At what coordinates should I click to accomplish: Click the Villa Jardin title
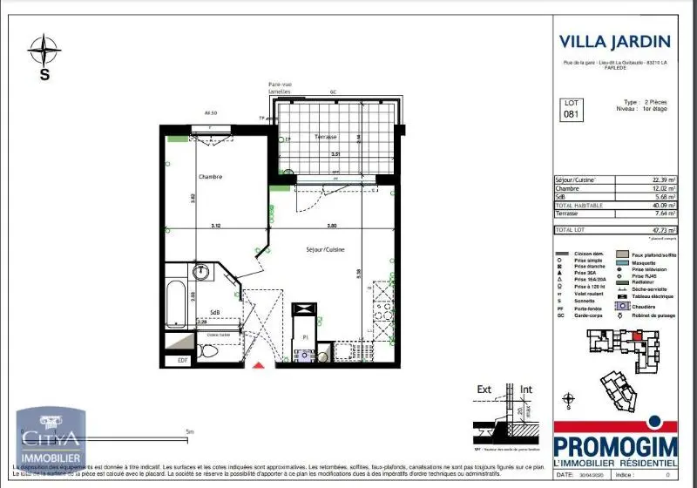click(x=614, y=41)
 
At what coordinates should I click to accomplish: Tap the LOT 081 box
click(x=570, y=108)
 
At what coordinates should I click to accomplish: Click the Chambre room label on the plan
click(x=210, y=176)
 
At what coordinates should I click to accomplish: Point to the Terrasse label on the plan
click(x=326, y=138)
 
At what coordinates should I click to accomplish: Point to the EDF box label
click(x=183, y=359)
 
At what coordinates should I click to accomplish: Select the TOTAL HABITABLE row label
click(x=579, y=204)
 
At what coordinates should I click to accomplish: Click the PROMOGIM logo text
click(x=615, y=434)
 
